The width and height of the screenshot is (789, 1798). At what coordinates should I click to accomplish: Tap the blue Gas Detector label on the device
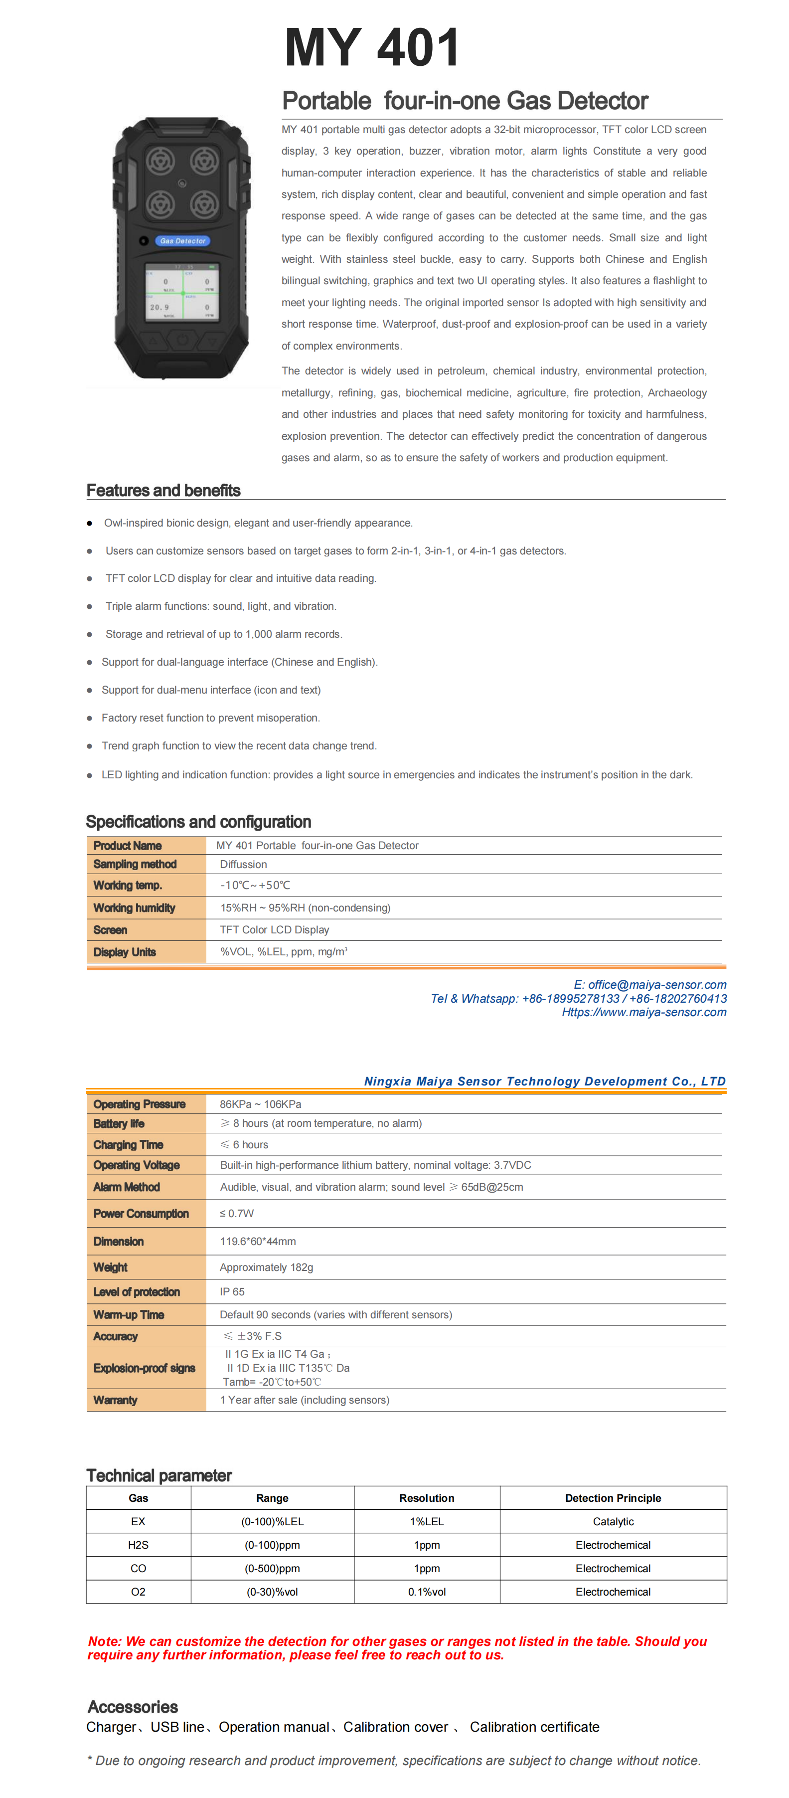coord(182,241)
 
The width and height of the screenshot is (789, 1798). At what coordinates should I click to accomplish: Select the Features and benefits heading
coord(163,491)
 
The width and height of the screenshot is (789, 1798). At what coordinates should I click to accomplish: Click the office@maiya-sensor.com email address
coord(656,984)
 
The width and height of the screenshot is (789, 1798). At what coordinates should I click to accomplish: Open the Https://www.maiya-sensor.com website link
coord(644,1012)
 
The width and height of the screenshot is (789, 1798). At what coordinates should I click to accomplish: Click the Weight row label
coord(110,1267)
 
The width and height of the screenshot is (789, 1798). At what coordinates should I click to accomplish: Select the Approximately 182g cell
coord(267,1267)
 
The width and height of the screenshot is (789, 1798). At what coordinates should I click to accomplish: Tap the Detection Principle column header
coord(613,1498)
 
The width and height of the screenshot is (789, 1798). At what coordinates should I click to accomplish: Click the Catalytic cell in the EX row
coord(613,1522)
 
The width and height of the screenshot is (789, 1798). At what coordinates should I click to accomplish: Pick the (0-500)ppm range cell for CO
coord(272,1568)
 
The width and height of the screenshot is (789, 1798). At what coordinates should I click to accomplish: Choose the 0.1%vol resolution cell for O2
coord(426,1592)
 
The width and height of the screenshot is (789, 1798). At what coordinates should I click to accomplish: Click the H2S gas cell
coord(138,1545)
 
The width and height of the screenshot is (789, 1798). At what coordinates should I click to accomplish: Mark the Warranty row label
coord(115,1400)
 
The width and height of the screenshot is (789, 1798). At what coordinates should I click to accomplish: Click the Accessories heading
coord(133,1707)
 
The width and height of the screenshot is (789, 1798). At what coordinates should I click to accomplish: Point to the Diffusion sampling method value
coord(243,864)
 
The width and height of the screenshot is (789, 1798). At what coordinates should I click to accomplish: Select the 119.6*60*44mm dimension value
coord(257,1242)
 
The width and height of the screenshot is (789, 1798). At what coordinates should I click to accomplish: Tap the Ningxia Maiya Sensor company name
coord(544,1081)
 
